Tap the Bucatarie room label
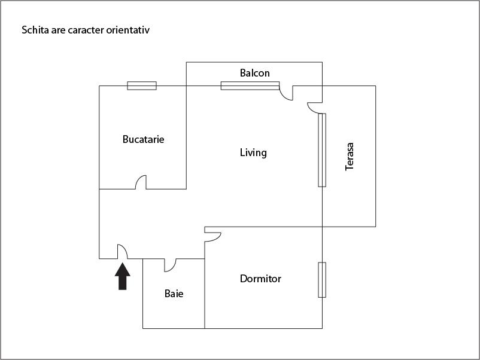pos(143,139)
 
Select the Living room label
pos(253,152)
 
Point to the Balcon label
pos(255,73)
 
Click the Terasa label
pos(350,156)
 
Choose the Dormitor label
pos(260,279)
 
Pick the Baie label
pos(174,294)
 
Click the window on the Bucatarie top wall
pos(142,86)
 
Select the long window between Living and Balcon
pos(250,86)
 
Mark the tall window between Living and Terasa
pos(322,150)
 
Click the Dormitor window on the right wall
pos(322,279)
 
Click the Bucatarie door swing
pos(141,182)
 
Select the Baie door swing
pos(170,264)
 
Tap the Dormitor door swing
pos(212,235)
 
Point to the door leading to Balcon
pos(286,93)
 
